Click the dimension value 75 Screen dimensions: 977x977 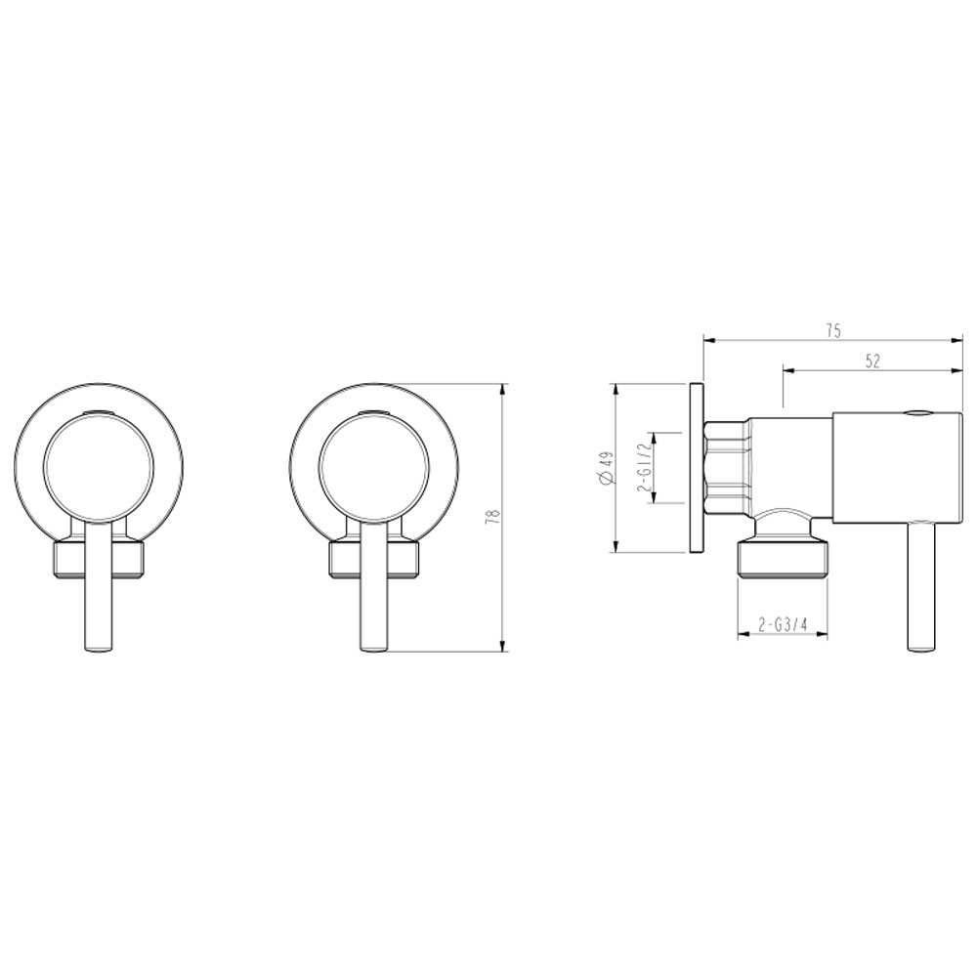(832, 331)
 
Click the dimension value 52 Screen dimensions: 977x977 (872, 361)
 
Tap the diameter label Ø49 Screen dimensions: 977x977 (606, 467)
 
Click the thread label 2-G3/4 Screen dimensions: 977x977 (781, 624)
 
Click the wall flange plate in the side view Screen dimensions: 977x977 (695, 467)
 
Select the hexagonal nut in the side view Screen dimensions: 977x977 (728, 467)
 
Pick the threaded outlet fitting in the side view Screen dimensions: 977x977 (782, 563)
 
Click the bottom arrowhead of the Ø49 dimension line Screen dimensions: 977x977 (616, 546)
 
